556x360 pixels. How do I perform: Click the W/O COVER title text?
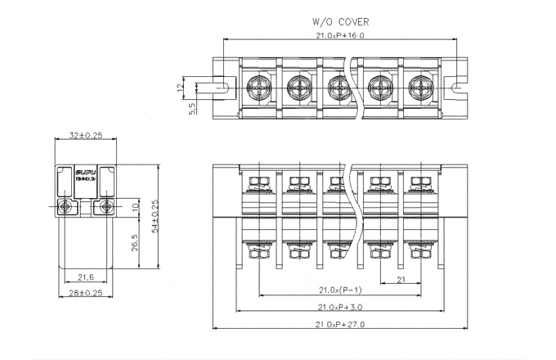coord(340,22)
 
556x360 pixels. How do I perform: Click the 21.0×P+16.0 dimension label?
coord(340,36)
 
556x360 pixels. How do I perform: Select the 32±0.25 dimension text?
coord(86,135)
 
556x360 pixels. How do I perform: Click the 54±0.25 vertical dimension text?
coord(155,216)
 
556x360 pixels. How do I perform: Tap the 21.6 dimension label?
coord(85,277)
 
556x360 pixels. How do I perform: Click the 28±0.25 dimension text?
coord(85,292)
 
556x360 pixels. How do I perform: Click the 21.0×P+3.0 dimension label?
coord(340,308)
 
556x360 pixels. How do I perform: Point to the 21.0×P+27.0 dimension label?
coord(340,325)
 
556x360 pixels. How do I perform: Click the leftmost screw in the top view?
coord(254,83)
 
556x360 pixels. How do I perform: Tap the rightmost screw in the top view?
coord(419,83)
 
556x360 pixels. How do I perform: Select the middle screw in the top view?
coord(336,83)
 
